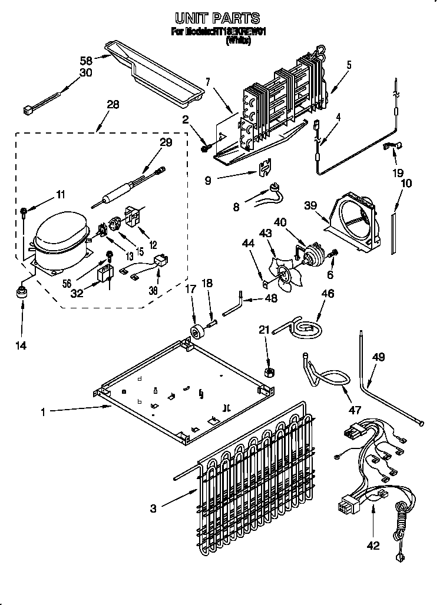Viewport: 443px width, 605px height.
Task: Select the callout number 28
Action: coord(112,105)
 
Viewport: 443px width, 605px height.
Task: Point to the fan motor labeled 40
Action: coord(312,253)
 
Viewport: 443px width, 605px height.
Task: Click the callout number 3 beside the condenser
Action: coord(153,509)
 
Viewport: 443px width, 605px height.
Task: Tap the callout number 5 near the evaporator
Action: coord(349,66)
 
